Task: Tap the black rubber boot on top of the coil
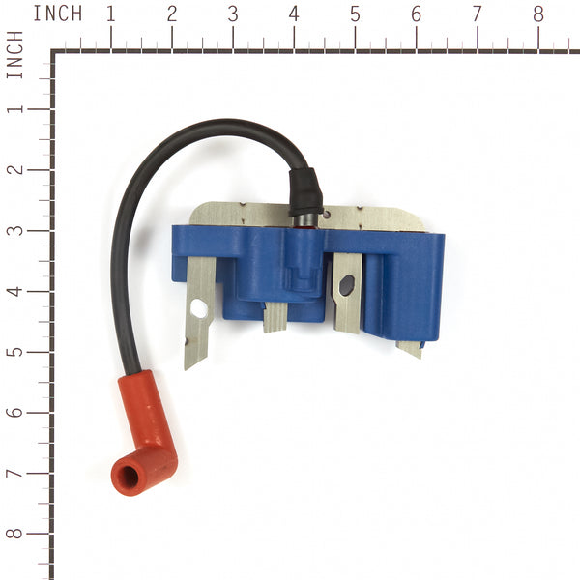[x=305, y=192]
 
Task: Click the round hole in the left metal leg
[x=199, y=309]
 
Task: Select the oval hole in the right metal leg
[x=347, y=285]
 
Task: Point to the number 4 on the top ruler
[x=294, y=14]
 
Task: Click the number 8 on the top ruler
[x=538, y=14]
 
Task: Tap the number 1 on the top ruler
[x=110, y=14]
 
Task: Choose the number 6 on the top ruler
[x=416, y=14]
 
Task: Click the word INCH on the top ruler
[x=58, y=14]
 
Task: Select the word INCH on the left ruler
[x=14, y=55]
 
